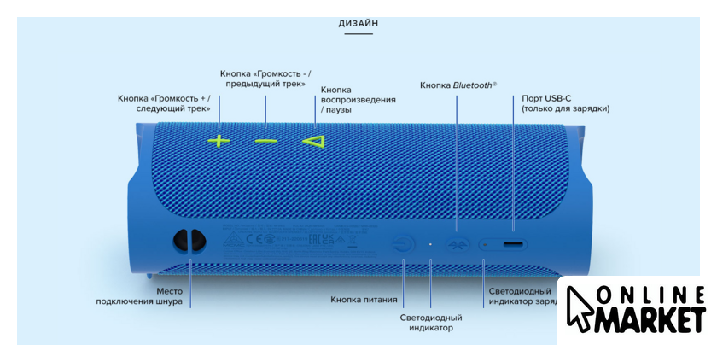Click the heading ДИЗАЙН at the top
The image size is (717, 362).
coord(358,23)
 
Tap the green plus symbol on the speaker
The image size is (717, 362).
coord(219,140)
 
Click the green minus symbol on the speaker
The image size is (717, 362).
coord(265,140)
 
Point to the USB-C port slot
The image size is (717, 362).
coord(514,245)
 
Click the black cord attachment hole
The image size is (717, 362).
coord(188,242)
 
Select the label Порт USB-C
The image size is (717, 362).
coord(547,98)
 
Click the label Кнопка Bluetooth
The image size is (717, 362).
coord(458,85)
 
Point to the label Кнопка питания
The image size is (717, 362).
coord(364,300)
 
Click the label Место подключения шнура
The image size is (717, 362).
coord(139,295)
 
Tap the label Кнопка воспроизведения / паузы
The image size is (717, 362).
coord(358,100)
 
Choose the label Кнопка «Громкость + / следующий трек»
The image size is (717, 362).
coord(164,104)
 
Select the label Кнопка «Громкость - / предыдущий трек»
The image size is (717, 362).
coord(265,78)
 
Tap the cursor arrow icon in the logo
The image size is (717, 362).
coord(581,308)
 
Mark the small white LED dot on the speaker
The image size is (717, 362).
coord(430,244)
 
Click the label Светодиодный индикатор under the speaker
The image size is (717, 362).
coord(431,322)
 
